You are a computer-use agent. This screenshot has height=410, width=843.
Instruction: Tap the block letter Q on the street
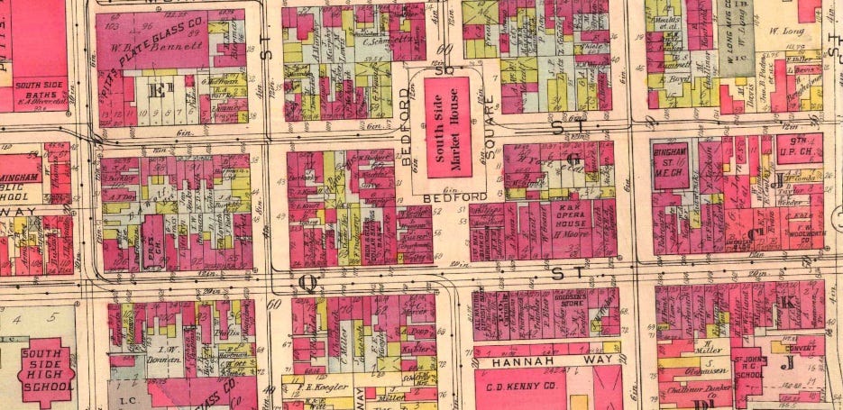click(307, 283)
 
